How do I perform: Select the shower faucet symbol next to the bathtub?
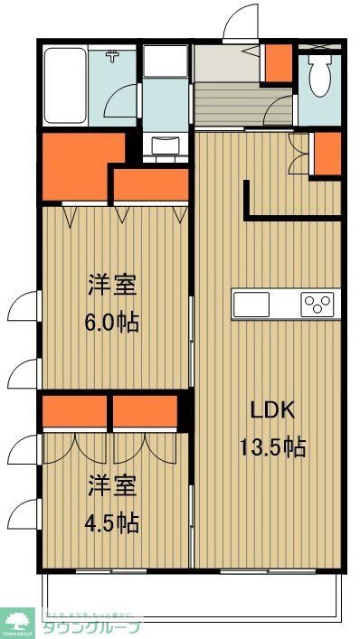tap(113, 58)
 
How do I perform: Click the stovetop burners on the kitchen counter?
tap(318, 304)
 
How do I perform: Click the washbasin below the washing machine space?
tap(165, 145)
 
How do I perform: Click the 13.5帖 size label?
tap(272, 446)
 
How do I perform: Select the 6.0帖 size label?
tap(113, 321)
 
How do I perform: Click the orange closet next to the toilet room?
tap(327, 151)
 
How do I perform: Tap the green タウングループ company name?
tap(91, 626)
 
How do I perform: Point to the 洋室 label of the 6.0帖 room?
tap(113, 286)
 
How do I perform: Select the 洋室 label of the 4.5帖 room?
tap(113, 487)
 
